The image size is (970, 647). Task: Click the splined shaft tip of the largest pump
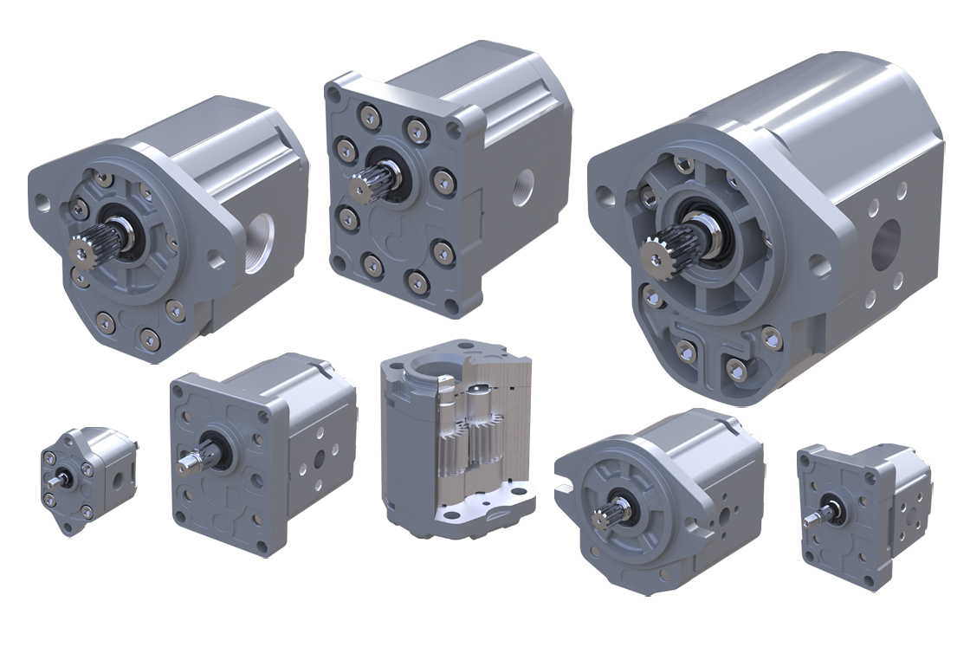click(x=660, y=255)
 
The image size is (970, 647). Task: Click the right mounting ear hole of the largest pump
click(x=819, y=265)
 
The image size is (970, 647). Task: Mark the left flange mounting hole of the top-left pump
click(x=42, y=204)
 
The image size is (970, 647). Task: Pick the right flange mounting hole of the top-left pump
click(x=214, y=259)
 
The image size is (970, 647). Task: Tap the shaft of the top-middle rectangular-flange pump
click(x=363, y=188)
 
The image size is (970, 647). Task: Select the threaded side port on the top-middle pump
click(x=522, y=188)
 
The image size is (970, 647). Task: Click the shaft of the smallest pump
click(x=56, y=480)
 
